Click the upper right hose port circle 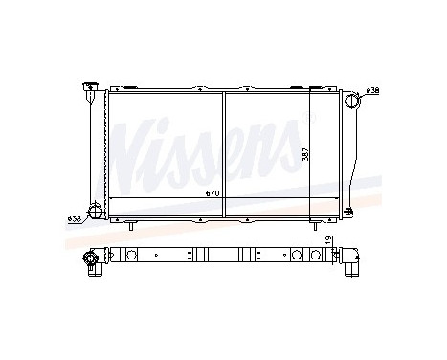[x=351, y=99]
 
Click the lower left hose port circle [x=94, y=211]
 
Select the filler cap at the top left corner [x=89, y=89]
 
